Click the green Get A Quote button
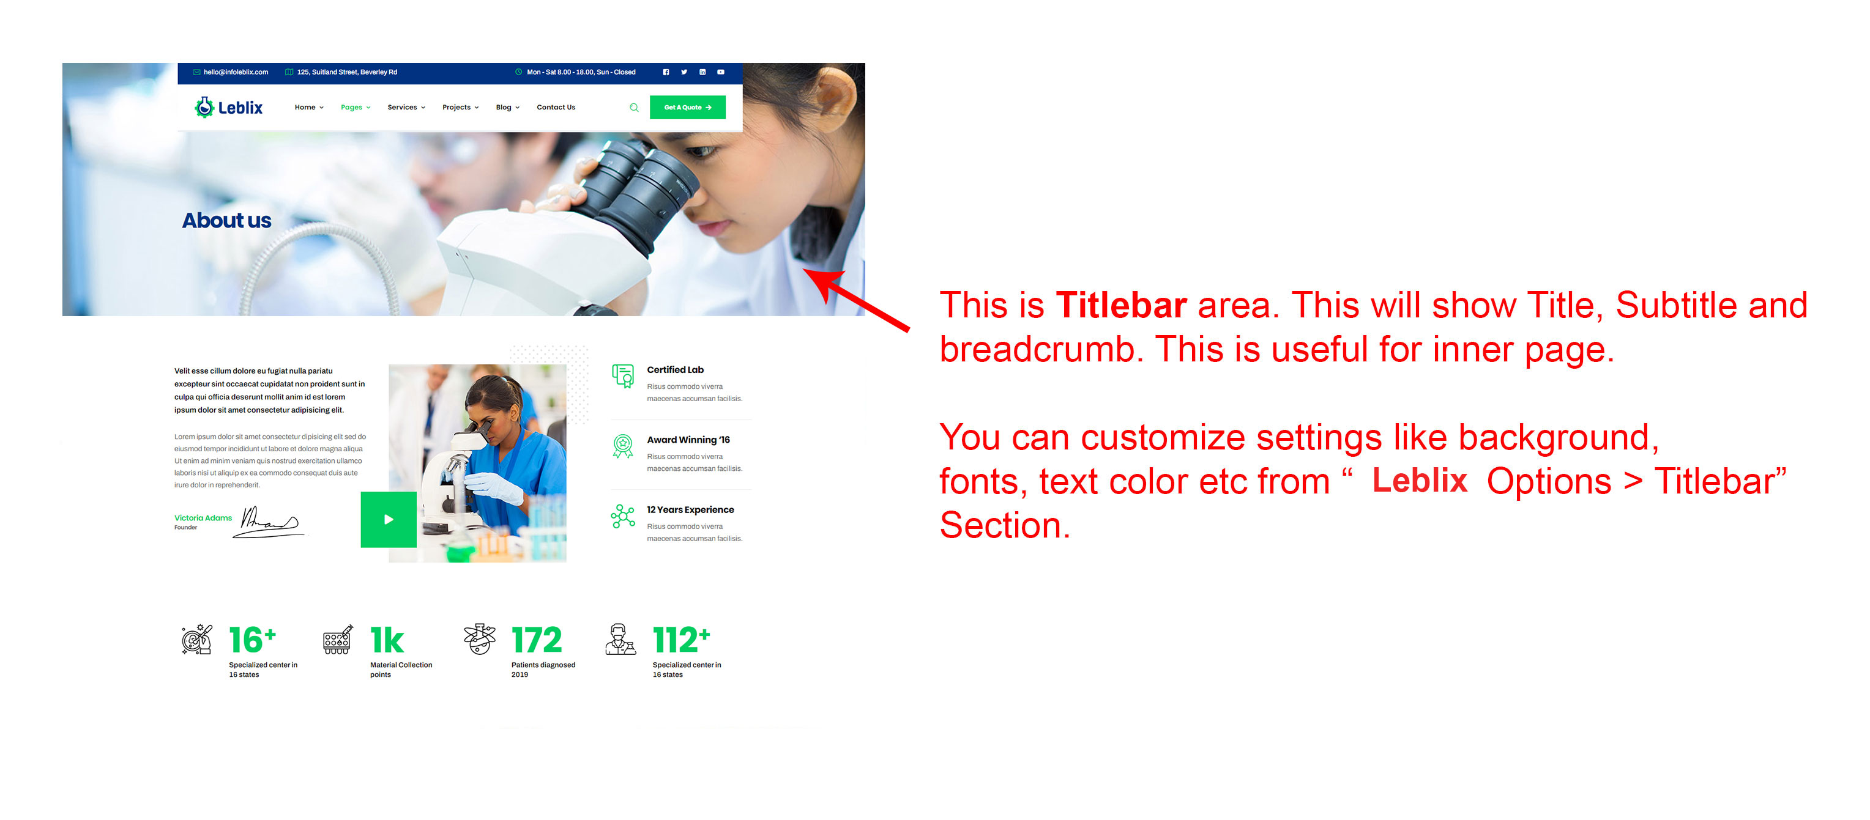687,108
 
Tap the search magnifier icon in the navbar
634,108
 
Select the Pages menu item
355,108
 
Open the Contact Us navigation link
556,108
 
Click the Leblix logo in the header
229,108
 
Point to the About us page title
226,220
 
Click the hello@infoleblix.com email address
235,72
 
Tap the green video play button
389,519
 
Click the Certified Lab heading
675,369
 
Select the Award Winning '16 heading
688,440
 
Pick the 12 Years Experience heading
690,509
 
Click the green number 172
537,640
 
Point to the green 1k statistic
387,640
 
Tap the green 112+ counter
681,640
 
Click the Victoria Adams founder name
203,517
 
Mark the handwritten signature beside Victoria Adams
269,522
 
